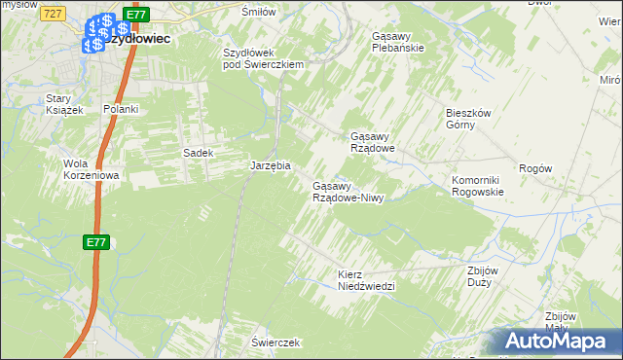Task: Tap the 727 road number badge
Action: [55, 12]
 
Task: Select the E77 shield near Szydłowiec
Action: [136, 15]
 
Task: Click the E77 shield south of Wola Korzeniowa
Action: [94, 242]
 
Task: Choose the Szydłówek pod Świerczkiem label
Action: [264, 58]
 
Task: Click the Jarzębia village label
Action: [271, 165]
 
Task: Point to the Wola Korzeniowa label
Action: [91, 169]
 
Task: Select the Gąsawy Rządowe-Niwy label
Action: [348, 192]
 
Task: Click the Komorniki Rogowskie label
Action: [477, 186]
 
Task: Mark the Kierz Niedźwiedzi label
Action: [366, 280]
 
